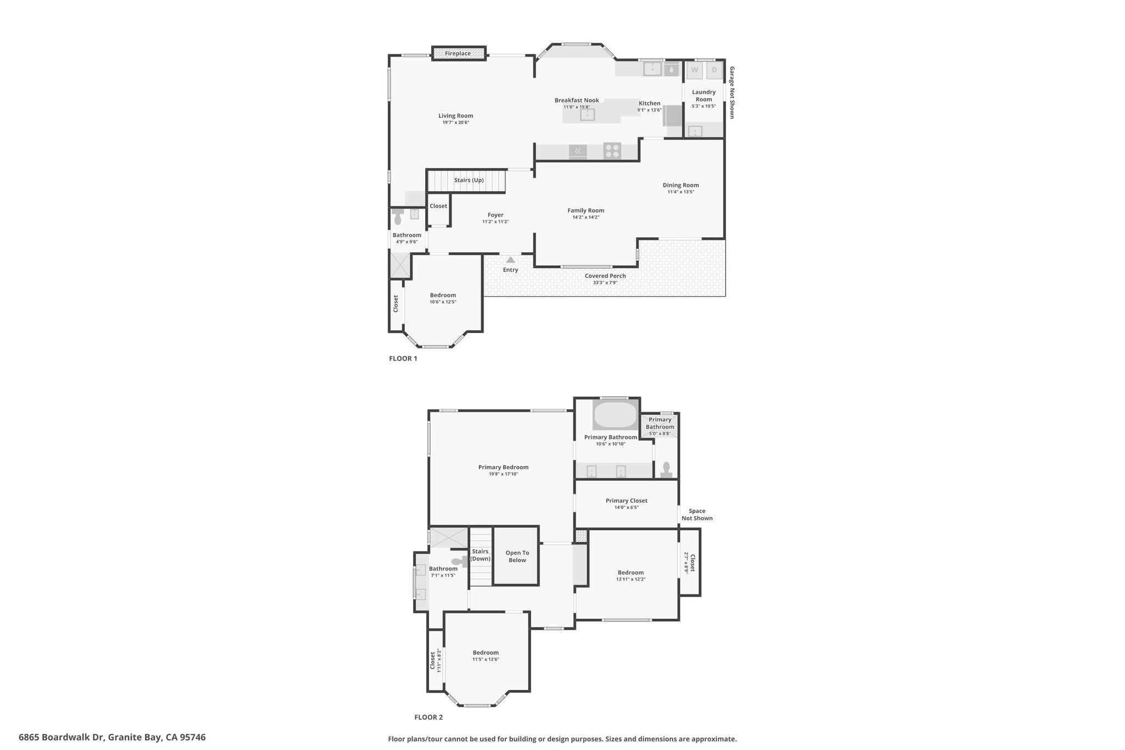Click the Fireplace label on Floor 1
coord(458,53)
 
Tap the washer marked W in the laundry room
coord(695,70)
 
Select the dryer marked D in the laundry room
coord(714,70)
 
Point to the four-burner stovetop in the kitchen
coord(612,151)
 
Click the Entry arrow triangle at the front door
coord(510,260)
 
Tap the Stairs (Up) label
coord(469,180)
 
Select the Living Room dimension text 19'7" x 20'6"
coord(455,123)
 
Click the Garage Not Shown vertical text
coord(732,92)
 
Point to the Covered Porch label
coord(605,276)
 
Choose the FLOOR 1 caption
coord(403,359)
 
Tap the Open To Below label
coord(517,557)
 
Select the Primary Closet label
coord(626,501)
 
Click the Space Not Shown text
coord(697,515)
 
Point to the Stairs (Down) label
coord(480,555)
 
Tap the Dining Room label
coord(681,185)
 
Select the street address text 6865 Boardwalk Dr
coord(61,737)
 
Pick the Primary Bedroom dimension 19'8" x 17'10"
coord(503,474)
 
